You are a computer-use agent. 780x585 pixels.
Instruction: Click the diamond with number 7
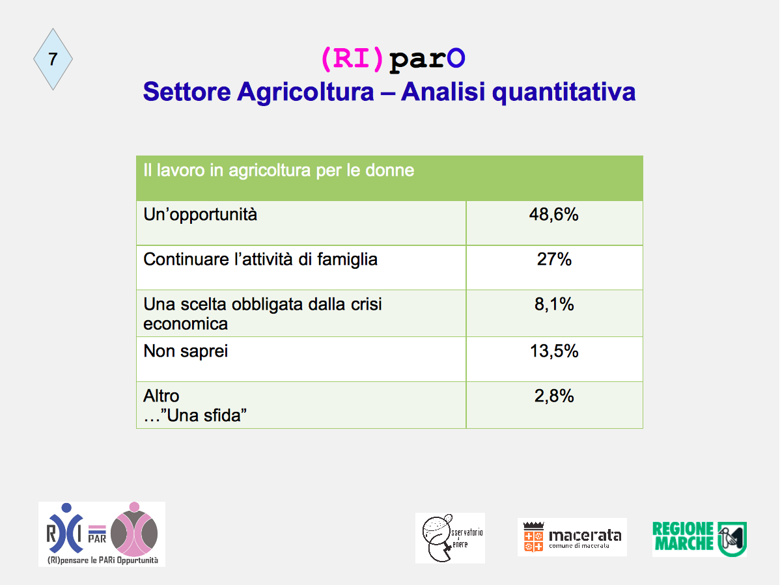53,59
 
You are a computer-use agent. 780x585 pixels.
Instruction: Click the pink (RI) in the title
352,59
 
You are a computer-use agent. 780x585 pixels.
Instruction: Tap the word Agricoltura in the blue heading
305,92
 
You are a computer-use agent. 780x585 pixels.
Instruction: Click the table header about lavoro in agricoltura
279,170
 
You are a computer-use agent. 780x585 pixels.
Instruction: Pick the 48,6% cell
553,215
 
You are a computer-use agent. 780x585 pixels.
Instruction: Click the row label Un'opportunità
200,215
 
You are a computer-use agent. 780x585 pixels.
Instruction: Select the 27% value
554,260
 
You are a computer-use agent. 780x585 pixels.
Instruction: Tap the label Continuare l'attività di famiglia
260,260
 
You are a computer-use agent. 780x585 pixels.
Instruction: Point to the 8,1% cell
554,304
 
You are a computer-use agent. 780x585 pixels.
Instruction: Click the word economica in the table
186,324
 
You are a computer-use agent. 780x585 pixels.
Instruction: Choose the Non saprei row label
186,351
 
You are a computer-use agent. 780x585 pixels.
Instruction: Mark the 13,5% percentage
554,351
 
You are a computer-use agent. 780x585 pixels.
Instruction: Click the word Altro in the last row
161,396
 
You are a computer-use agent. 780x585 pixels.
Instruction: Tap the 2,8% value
554,396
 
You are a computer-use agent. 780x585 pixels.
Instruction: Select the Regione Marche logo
699,539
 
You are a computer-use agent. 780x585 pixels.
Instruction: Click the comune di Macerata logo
572,537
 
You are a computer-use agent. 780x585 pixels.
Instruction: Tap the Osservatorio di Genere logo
450,538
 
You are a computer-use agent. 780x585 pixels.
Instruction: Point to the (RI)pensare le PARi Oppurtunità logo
102,534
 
